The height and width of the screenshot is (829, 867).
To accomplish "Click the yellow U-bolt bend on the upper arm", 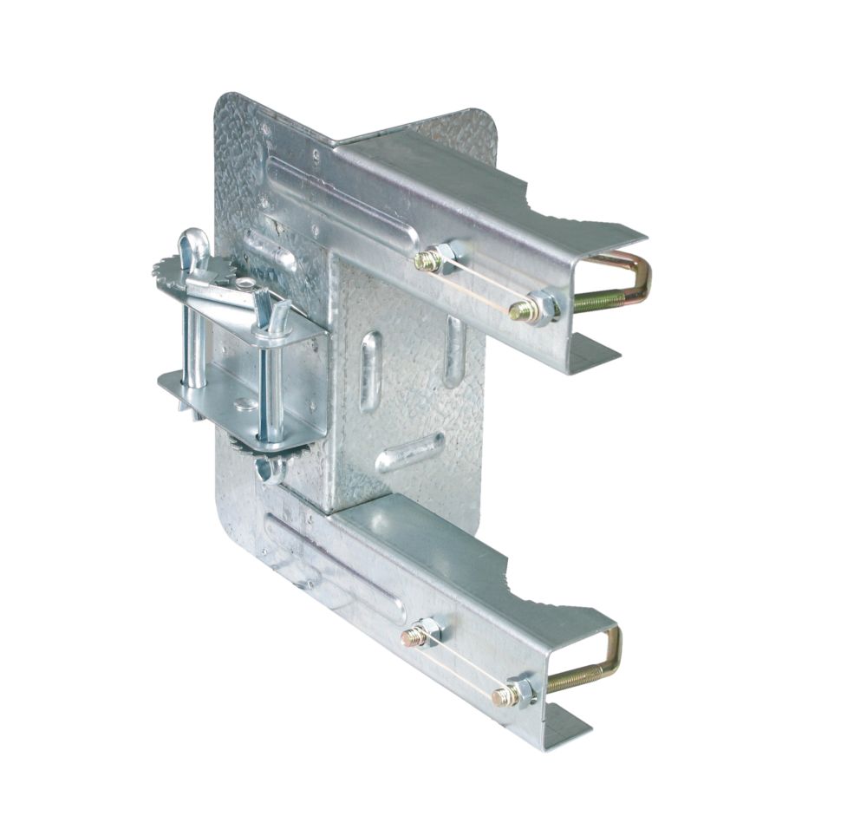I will [643, 276].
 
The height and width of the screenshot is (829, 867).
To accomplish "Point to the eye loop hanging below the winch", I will [271, 471].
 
